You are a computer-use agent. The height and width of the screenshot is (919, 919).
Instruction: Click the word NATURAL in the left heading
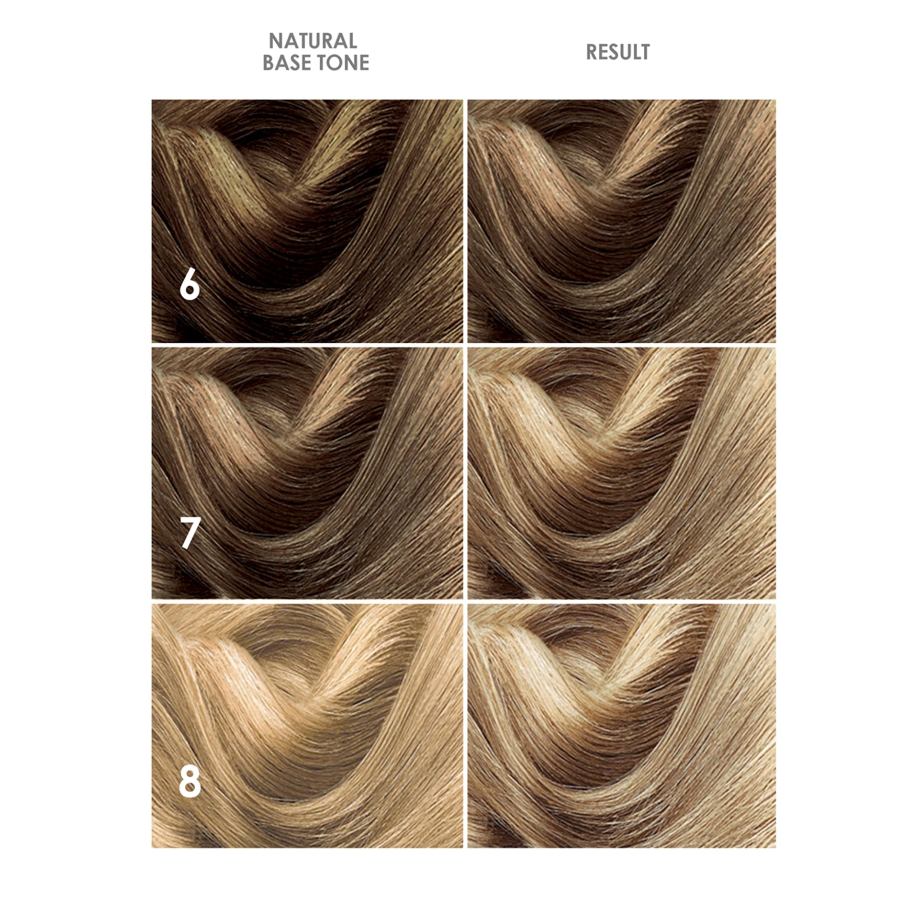point(313,41)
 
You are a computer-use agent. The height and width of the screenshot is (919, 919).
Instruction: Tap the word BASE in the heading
point(286,63)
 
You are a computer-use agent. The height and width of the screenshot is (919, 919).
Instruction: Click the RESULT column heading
point(618,52)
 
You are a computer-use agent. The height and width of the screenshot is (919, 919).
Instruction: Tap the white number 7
point(190,534)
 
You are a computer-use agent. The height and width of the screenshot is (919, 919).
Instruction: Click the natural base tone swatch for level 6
point(307,221)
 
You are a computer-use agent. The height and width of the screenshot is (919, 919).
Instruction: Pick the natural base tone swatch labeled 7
point(307,473)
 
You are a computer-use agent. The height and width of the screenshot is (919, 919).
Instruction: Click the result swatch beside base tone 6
point(622,221)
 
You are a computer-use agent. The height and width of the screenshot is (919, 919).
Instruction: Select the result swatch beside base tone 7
point(622,473)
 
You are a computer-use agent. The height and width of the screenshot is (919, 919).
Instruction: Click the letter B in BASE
point(269,63)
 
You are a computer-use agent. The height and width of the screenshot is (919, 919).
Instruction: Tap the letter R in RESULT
point(592,52)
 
